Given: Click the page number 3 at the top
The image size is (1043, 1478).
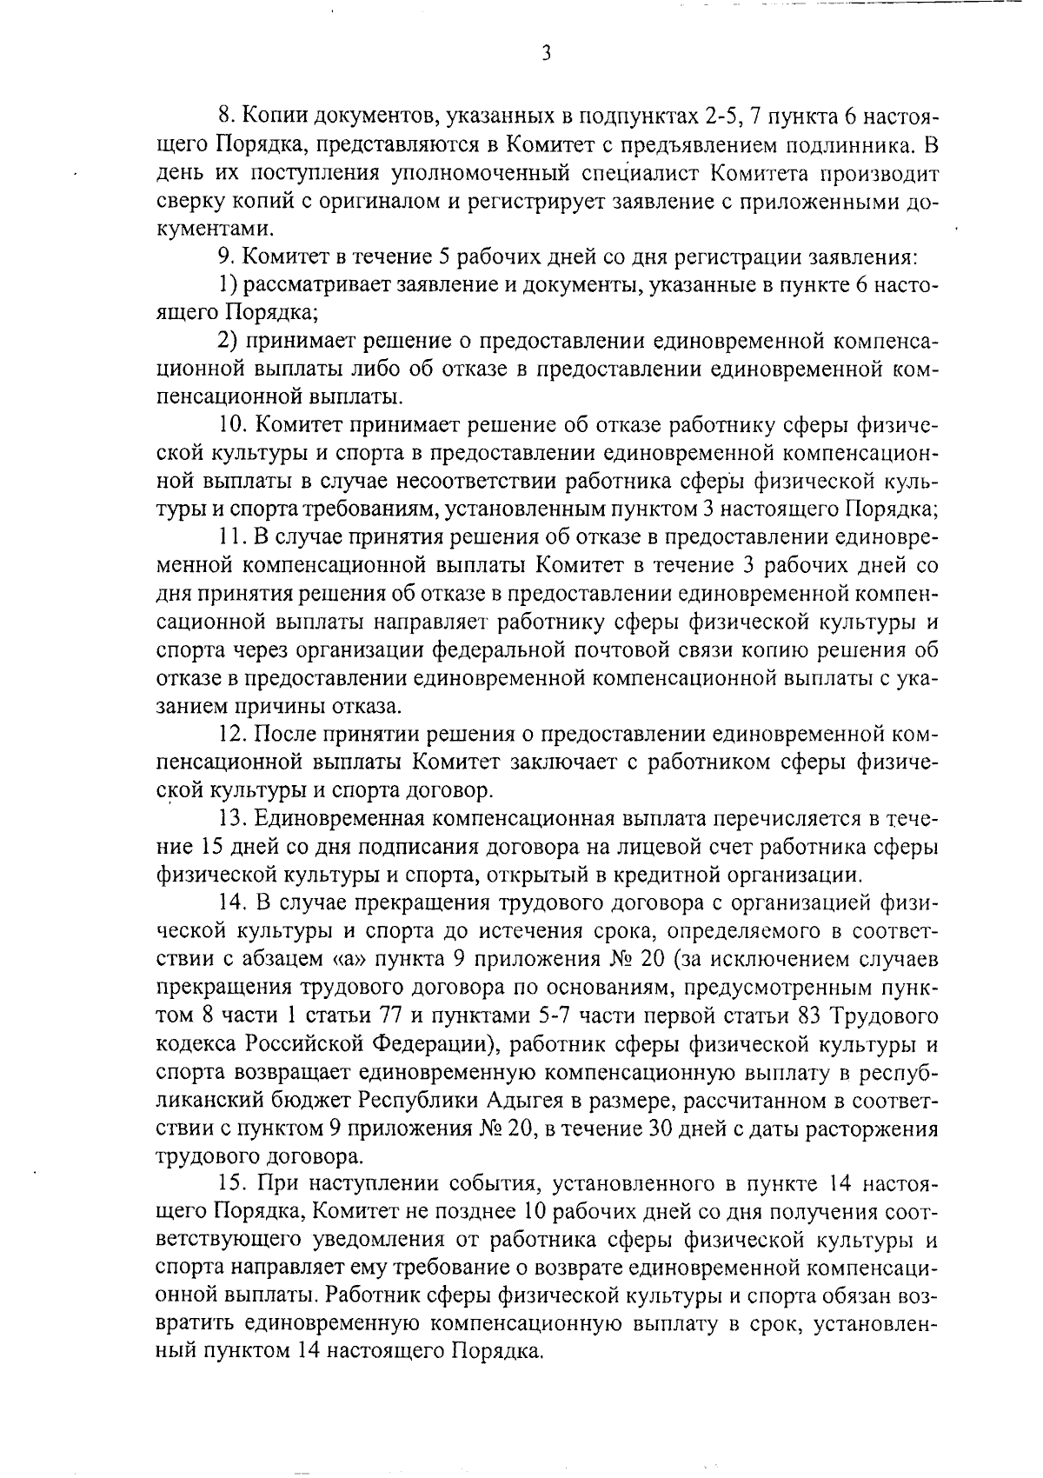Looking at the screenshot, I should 546,54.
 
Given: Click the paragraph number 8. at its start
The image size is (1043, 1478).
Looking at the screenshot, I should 224,117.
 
